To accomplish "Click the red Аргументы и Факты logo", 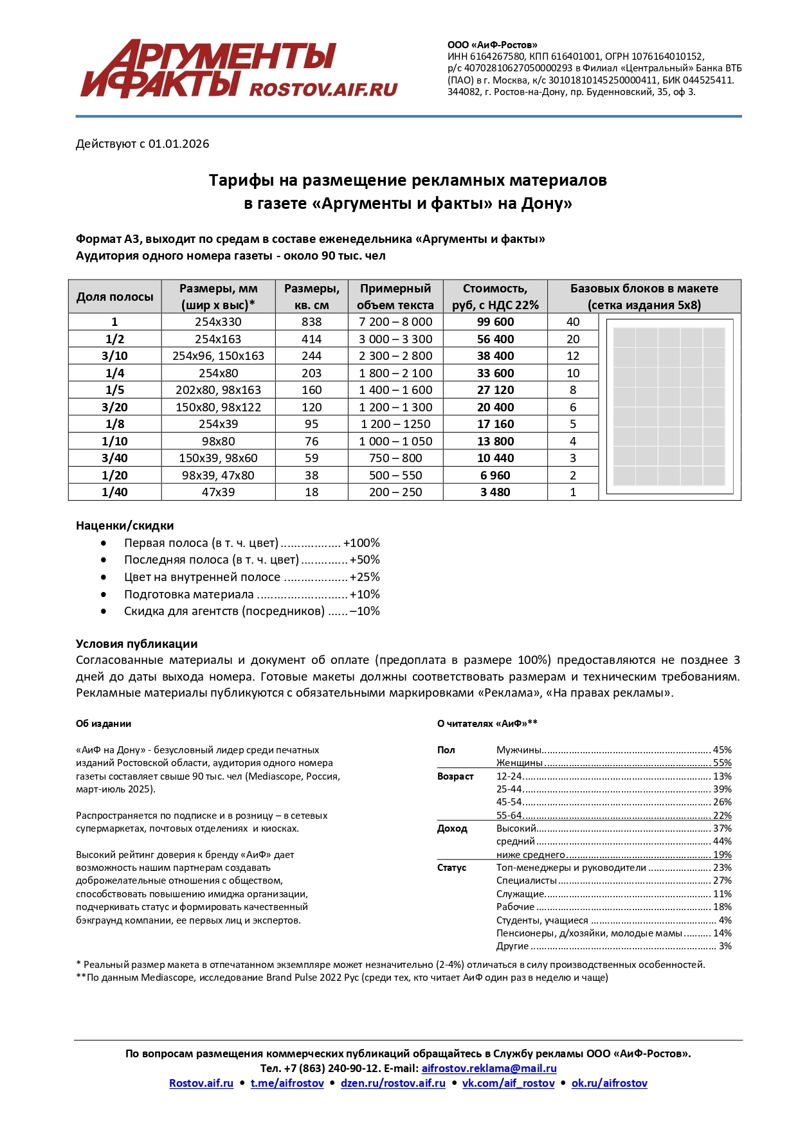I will (x=238, y=69).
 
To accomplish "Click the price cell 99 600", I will (x=495, y=322).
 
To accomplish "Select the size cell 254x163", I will (x=218, y=339).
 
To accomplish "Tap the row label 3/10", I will (x=114, y=356).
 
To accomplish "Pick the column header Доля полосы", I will (x=114, y=297).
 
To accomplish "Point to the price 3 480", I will (x=495, y=492).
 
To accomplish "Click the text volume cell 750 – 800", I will (x=395, y=458).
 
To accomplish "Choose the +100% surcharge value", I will (x=361, y=543).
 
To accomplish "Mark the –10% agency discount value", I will (x=364, y=611).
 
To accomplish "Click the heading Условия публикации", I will (x=136, y=644).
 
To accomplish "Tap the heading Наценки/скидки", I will (x=125, y=526).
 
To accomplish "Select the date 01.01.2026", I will (x=179, y=144).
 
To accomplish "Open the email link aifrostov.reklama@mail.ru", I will (x=489, y=1068).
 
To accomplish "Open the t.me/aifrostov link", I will (x=287, y=1083).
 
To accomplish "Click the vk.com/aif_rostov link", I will (x=508, y=1083).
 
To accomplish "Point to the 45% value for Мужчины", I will (x=722, y=750).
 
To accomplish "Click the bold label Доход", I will (x=451, y=828).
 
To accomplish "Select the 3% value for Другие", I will (x=725, y=946).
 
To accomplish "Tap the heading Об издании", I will (x=104, y=724).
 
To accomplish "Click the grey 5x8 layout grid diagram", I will (x=669, y=407).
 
